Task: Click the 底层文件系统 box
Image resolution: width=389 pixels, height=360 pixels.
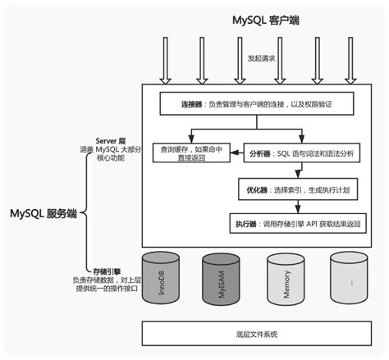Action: [258, 335]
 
